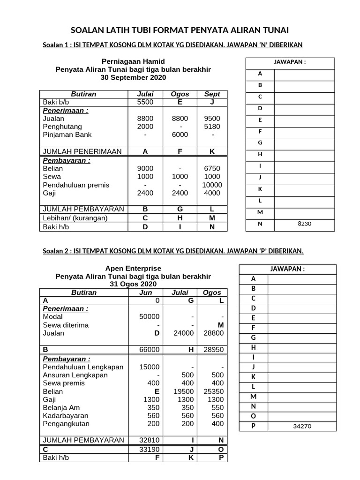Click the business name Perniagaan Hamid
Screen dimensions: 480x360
click(x=133, y=61)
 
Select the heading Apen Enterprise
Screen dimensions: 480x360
click(x=133, y=268)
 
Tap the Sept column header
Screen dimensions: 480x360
click(x=212, y=94)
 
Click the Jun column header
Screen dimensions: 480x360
click(x=146, y=292)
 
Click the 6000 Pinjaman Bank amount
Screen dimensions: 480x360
click(x=180, y=135)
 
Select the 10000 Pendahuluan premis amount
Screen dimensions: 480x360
click(x=212, y=185)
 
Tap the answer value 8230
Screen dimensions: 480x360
click(x=304, y=224)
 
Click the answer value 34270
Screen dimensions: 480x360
click(x=302, y=427)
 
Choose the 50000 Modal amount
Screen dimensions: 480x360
click(x=150, y=317)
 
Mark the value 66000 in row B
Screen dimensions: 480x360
click(x=150, y=349)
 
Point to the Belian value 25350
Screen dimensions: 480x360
click(x=213, y=391)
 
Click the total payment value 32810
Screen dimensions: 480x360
click(x=150, y=440)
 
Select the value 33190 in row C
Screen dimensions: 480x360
click(x=150, y=449)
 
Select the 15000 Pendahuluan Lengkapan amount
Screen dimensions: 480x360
click(x=150, y=367)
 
